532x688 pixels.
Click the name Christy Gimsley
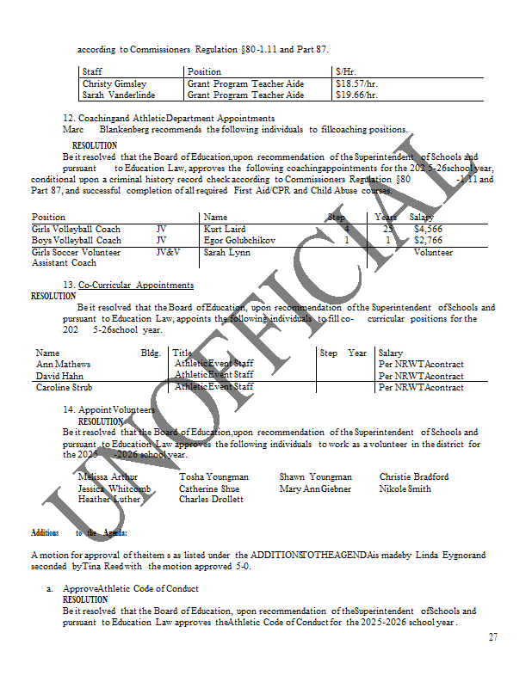[x=114, y=84]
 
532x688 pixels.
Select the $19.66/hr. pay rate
[x=356, y=95]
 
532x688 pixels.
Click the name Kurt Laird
[x=225, y=230]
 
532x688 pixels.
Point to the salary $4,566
[x=428, y=230]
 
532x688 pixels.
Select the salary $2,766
[x=428, y=241]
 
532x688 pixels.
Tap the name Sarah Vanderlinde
[x=119, y=95]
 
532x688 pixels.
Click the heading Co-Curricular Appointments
[x=135, y=285]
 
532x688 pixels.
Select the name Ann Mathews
[x=63, y=365]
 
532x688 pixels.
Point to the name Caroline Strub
[x=66, y=388]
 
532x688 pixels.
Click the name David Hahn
[x=59, y=376]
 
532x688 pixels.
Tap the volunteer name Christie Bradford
[x=413, y=476]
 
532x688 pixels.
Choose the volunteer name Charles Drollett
[x=211, y=499]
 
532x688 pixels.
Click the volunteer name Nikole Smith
[x=405, y=488]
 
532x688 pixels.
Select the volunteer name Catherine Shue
[x=209, y=488]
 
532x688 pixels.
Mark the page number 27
[x=492, y=637]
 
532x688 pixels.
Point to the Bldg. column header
[x=151, y=353]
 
